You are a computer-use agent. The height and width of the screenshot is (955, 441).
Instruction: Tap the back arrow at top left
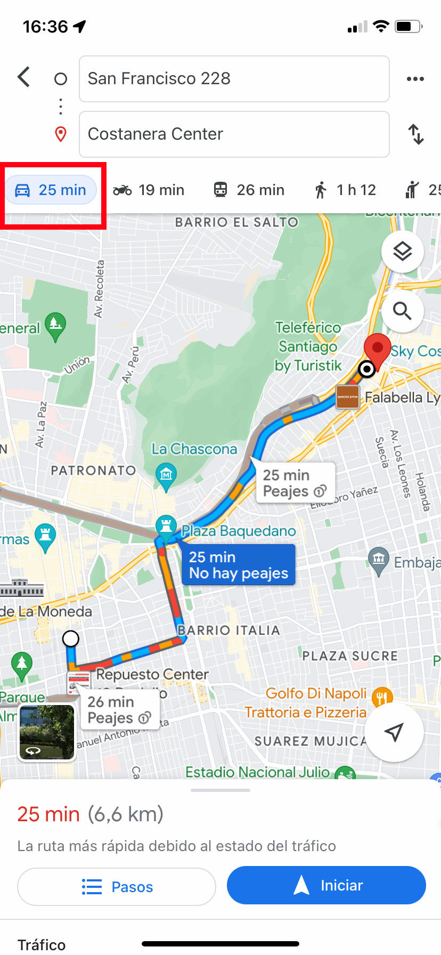pos(24,77)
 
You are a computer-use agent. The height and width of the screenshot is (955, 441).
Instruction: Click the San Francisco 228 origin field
pos(234,79)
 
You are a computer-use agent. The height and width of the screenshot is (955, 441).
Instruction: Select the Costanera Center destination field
pos(234,134)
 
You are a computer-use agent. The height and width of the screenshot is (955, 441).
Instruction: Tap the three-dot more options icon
pos(415,79)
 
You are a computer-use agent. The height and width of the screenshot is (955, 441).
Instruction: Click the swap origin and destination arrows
pos(415,134)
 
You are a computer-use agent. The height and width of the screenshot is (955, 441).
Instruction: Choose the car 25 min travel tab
pos(51,190)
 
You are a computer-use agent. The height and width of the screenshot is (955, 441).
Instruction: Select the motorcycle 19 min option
pos(149,190)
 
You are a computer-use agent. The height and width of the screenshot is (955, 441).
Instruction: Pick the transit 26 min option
pos(249,190)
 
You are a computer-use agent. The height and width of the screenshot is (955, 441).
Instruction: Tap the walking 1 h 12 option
pos(345,190)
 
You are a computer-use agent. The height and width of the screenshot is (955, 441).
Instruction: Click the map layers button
pos(402,252)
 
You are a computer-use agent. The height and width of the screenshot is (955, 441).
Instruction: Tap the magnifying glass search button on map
pos(402,311)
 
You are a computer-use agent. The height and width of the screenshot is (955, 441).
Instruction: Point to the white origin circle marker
pos(71,638)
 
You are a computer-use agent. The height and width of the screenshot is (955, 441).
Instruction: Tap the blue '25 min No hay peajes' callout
pos(239,565)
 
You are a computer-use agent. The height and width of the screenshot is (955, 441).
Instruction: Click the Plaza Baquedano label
pos(238,531)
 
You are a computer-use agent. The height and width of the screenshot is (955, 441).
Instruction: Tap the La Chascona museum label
pos(194,449)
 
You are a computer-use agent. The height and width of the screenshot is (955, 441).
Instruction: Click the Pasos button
pos(117,887)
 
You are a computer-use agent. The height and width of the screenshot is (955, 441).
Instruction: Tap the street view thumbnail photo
pos(47,732)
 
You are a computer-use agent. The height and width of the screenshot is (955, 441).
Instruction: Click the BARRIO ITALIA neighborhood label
pos(228,630)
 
